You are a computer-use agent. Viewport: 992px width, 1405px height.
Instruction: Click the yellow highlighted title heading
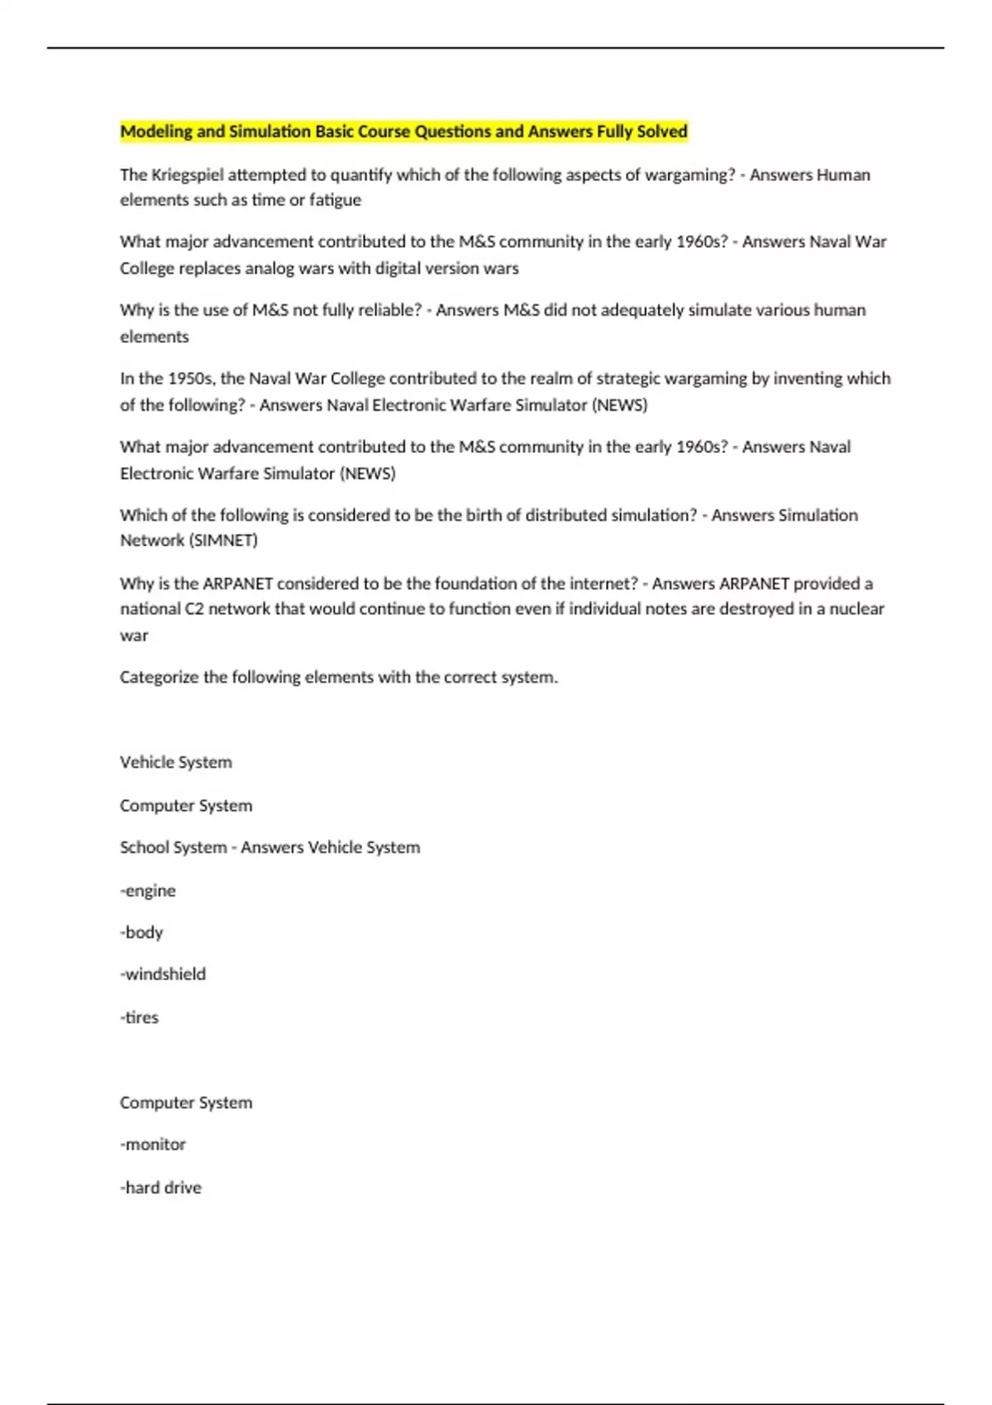pos(403,131)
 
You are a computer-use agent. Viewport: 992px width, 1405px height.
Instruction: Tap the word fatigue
pos(335,200)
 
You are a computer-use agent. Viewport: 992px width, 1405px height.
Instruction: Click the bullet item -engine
pos(148,891)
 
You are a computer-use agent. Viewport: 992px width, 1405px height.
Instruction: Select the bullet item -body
pos(141,932)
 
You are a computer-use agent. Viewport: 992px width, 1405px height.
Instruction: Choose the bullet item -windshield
pos(163,974)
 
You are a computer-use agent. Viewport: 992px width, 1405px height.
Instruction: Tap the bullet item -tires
pos(139,1017)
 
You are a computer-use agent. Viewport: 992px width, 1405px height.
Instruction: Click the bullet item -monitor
pos(153,1145)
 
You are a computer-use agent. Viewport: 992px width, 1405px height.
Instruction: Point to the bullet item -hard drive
pos(160,1188)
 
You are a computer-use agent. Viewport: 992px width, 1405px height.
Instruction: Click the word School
pos(143,847)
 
